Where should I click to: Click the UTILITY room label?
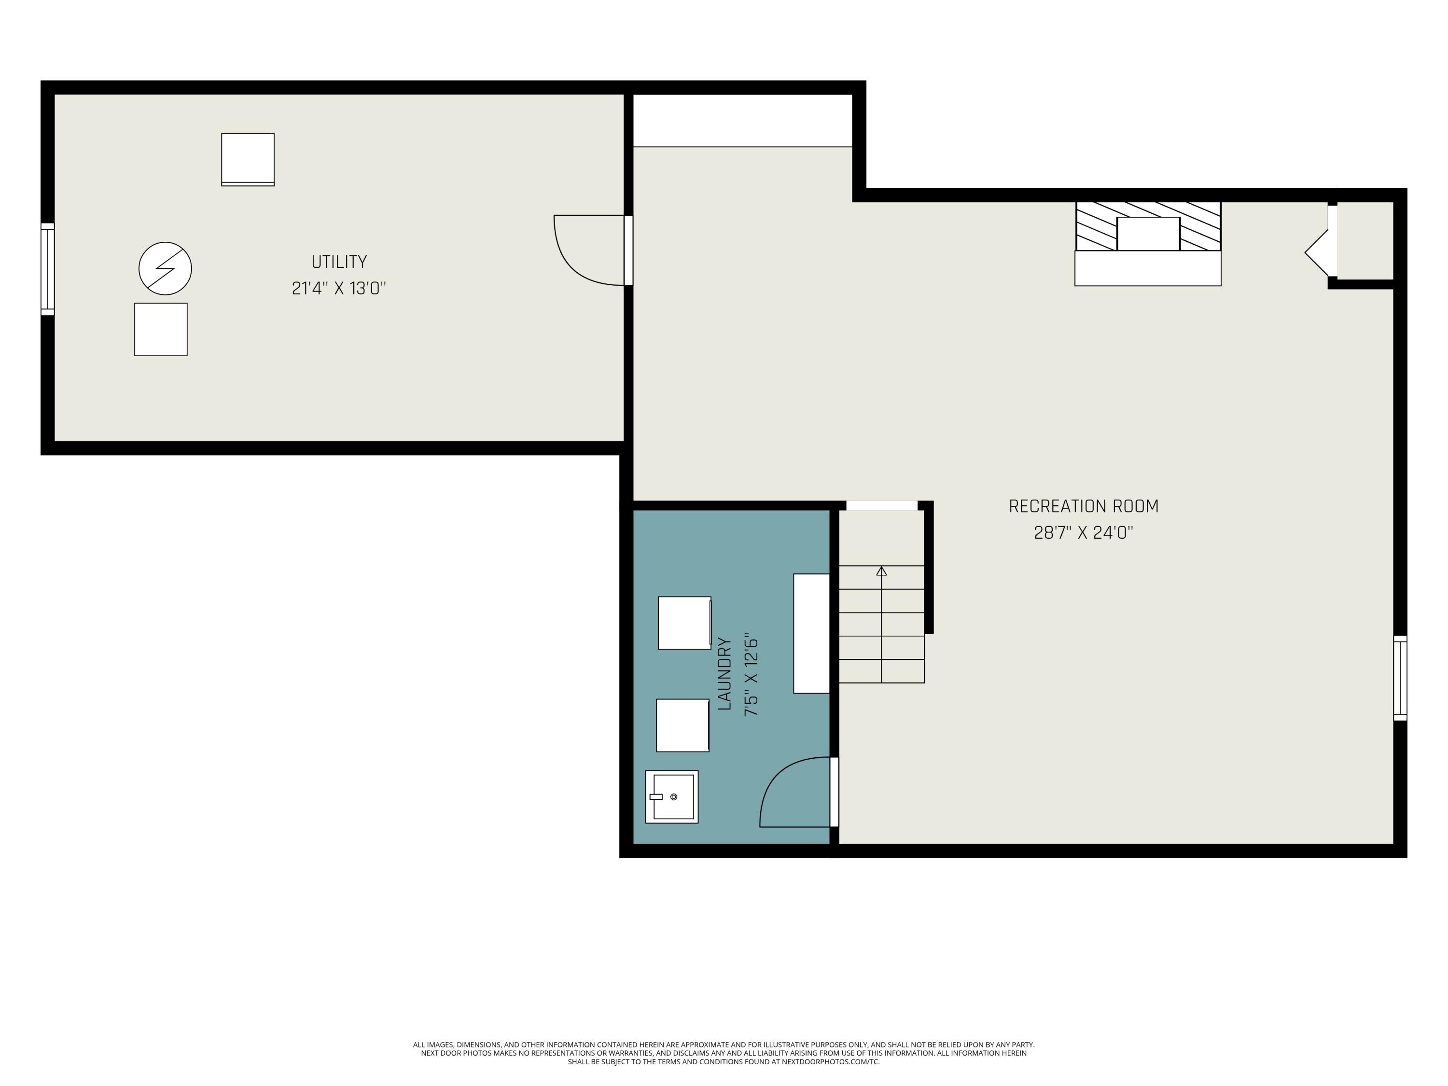click(x=338, y=262)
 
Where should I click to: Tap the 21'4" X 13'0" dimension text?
click(x=338, y=289)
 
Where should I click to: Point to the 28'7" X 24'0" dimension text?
click(x=1084, y=533)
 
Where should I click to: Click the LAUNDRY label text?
click(x=724, y=674)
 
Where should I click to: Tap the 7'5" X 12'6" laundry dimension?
click(x=751, y=678)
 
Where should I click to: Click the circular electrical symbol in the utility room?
click(x=165, y=268)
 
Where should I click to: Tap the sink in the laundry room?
click(x=672, y=797)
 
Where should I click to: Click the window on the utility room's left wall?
click(x=48, y=269)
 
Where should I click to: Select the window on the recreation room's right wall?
click(x=1400, y=678)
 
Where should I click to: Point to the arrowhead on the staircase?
click(x=881, y=571)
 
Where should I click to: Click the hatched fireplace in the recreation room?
click(x=1148, y=226)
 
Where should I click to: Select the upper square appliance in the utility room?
click(x=248, y=160)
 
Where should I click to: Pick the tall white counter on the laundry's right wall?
click(x=811, y=633)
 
